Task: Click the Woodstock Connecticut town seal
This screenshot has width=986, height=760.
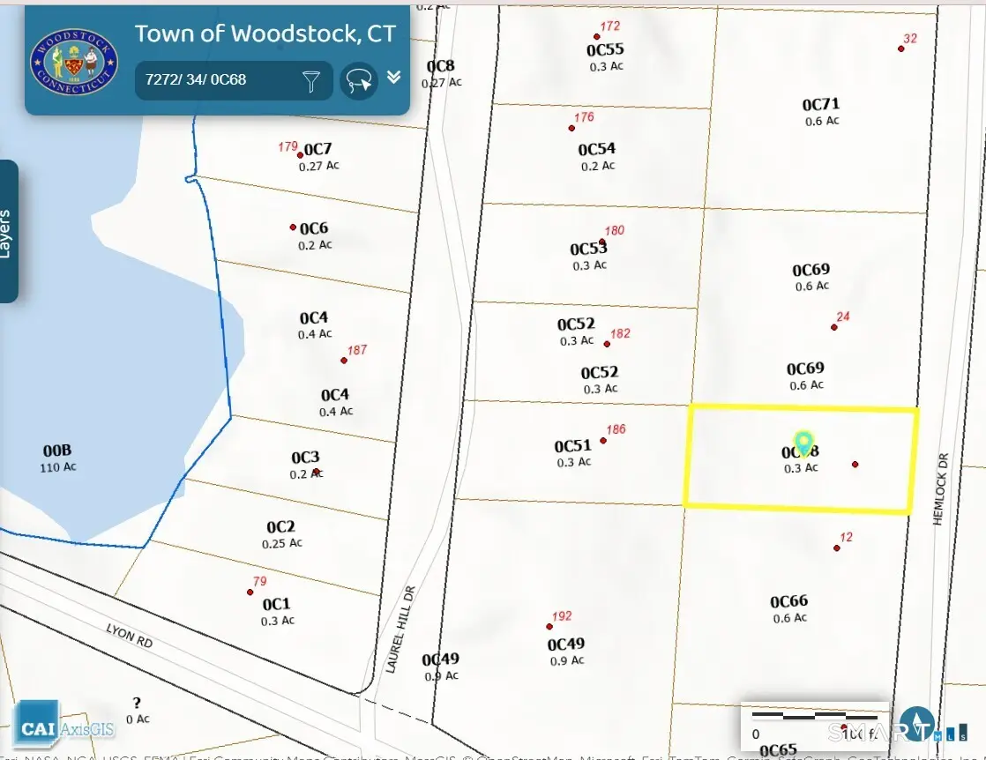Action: (x=74, y=60)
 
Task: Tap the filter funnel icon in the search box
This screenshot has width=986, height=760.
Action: (x=311, y=81)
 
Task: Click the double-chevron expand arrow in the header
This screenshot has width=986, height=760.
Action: (x=393, y=78)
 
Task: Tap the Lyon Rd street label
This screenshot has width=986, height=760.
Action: (x=130, y=637)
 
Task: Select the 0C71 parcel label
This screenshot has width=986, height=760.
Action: (x=821, y=105)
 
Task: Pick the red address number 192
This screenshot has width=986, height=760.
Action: (x=562, y=616)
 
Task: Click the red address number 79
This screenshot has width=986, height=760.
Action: (x=259, y=581)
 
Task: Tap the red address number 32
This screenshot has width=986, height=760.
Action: (x=910, y=39)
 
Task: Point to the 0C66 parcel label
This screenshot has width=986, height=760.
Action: (x=788, y=601)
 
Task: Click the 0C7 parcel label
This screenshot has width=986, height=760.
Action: (x=317, y=149)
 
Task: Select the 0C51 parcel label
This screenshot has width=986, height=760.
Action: (x=572, y=446)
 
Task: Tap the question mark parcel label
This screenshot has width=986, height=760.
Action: (x=137, y=703)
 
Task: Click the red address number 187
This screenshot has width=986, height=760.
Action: (x=356, y=350)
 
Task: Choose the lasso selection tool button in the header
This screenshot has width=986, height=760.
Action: (x=359, y=81)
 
